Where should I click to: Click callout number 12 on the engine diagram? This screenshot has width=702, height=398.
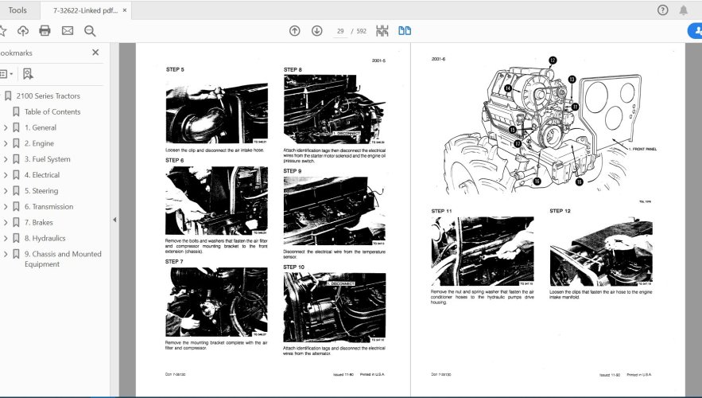pos(553,60)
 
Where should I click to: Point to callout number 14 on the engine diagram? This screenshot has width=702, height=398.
pos(507,88)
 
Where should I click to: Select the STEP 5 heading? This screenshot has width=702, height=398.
pos(175,70)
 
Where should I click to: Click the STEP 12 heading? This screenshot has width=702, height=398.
pos(560,211)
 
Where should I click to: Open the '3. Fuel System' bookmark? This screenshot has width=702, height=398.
pos(47,159)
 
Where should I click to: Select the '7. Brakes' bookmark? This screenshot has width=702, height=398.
pos(38,222)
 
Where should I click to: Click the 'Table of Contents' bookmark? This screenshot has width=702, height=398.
pos(52,111)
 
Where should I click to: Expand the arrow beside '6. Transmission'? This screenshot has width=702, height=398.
pos(6,207)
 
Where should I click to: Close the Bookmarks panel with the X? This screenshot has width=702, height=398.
pos(95,53)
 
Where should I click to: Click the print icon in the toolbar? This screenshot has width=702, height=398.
pos(45,31)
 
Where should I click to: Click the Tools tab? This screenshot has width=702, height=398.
pos(17,10)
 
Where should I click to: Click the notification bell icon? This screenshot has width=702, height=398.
pos(684,10)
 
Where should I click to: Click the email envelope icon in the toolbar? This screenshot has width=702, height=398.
pos(68,31)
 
